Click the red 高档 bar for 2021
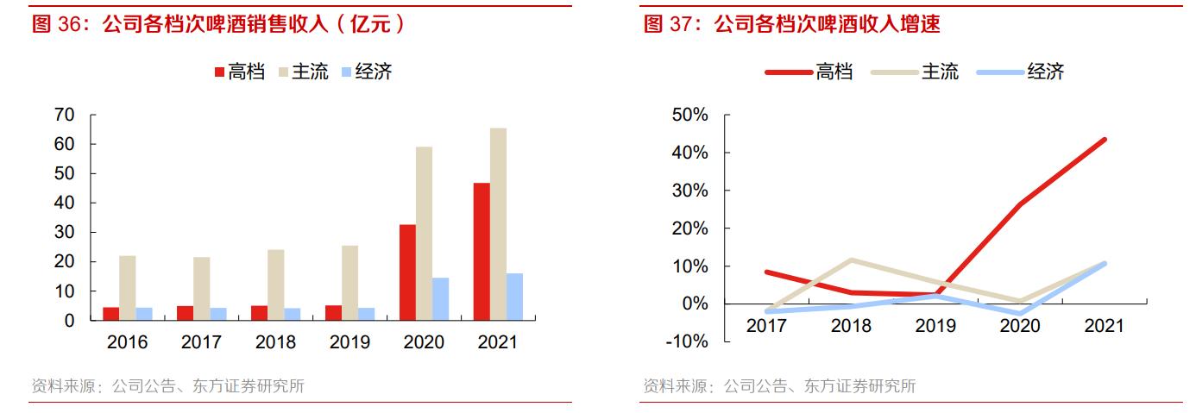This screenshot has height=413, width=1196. click(481, 251)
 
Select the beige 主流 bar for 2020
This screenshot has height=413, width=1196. click(424, 233)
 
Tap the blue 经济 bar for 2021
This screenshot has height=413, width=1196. click(514, 297)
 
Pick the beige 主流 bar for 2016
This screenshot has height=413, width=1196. click(128, 287)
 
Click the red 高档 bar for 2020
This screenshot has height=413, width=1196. click(407, 272)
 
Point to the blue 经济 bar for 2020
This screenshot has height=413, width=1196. click(440, 298)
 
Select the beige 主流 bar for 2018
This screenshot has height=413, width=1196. click(275, 285)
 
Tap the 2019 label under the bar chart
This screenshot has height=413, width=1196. click(349, 342)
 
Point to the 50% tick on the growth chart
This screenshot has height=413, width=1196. click(690, 115)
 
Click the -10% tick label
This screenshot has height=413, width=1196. click(687, 341)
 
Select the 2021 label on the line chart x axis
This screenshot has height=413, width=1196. click(1104, 326)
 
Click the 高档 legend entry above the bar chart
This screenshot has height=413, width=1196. click(240, 72)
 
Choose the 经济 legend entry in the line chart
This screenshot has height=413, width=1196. click(1045, 72)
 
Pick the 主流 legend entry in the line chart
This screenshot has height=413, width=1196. click(940, 72)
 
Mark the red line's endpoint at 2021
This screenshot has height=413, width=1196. click(1104, 140)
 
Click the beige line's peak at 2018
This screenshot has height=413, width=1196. click(852, 260)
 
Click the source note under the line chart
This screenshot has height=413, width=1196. click(778, 385)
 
